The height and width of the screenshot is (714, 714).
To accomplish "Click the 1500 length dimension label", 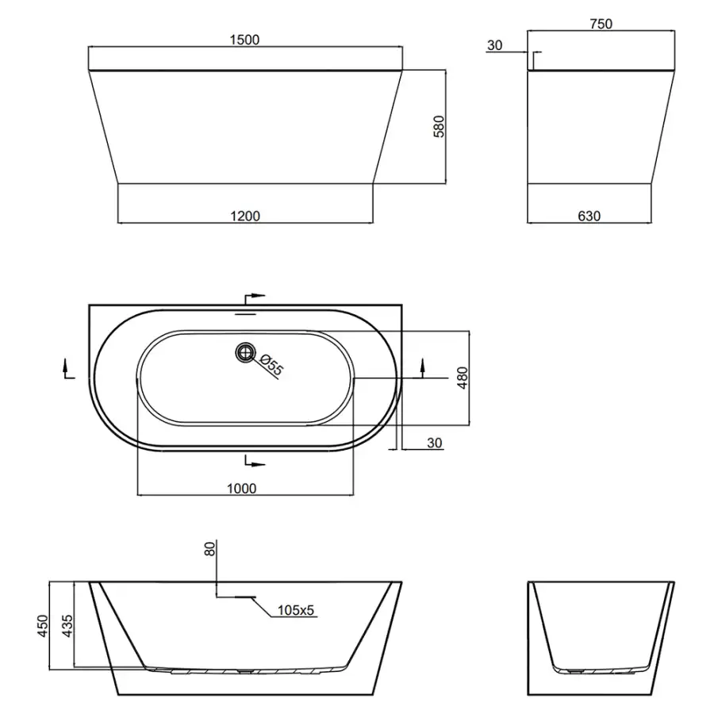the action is [244, 40].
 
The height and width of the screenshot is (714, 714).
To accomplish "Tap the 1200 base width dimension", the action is [245, 216].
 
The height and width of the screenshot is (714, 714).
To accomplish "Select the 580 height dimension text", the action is [439, 127].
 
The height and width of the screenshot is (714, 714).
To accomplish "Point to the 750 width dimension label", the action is [601, 24].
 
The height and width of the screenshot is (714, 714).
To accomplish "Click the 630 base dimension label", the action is [589, 216].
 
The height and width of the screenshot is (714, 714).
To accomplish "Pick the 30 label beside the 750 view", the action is [494, 45].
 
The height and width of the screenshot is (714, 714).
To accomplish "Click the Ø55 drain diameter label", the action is [271, 365].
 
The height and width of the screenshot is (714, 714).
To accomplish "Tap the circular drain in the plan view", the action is [245, 352].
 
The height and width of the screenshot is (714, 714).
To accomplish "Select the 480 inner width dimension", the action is [463, 378].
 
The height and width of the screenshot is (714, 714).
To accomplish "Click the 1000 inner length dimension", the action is [242, 489].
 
